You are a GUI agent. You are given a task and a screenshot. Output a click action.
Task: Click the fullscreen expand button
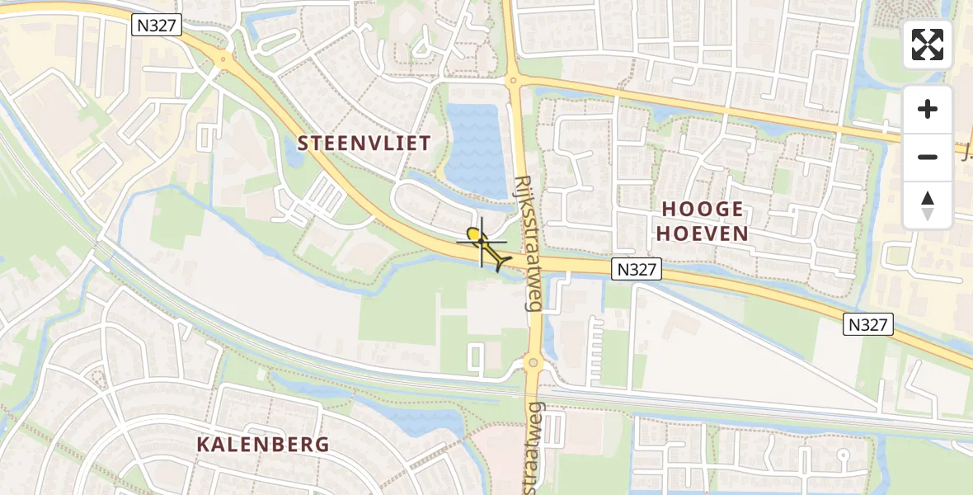pos(928,45)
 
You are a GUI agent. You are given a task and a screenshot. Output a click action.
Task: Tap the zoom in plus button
pos(928,109)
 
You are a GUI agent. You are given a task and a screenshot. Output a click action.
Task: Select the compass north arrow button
pos(928,205)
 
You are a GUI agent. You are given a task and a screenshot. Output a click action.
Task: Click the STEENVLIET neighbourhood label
pos(364,143)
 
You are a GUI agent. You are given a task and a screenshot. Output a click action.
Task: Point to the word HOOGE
pos(700,209)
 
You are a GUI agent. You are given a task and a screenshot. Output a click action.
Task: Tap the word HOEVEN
pos(702,233)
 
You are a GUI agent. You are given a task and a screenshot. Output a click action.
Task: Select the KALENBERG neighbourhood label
pos(263,444)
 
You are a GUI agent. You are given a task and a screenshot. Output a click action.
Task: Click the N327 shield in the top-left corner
pos(156,25)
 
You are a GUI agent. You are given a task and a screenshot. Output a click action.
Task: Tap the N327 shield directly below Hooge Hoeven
pos(637,268)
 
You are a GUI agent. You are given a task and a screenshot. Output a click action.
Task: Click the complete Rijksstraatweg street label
pos(527,243)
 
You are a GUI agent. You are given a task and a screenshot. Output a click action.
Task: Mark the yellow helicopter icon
pos(486,248)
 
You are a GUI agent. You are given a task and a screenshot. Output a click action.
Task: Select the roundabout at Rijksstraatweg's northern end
pos(513,81)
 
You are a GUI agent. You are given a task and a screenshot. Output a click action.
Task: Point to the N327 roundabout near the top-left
pos(223,59)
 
